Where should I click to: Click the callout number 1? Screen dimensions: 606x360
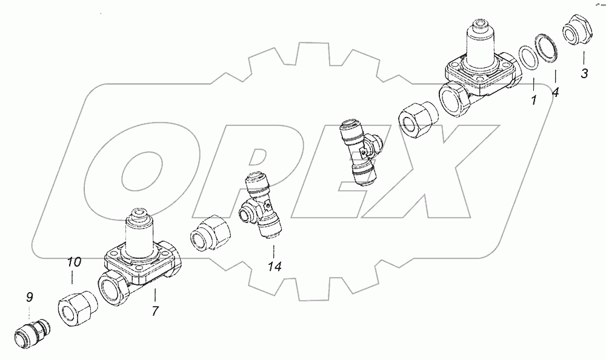[x=534, y=101]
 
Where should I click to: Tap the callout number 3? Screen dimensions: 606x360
[x=584, y=73]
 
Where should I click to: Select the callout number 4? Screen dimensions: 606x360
[x=555, y=92]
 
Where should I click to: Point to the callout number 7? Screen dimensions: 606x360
[x=155, y=310]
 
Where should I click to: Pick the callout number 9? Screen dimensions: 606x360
[x=29, y=297]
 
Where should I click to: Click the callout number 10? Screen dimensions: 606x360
[x=74, y=262]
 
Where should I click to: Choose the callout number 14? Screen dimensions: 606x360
[x=275, y=266]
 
